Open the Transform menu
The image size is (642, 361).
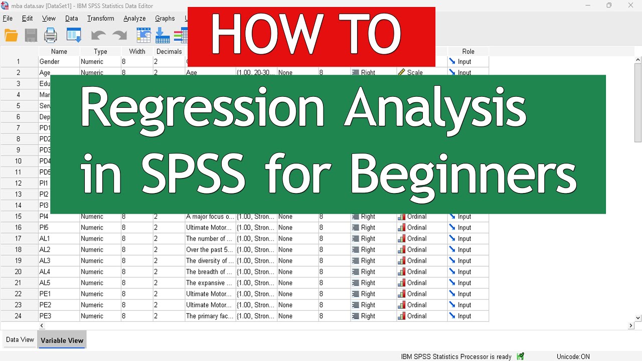[100, 19]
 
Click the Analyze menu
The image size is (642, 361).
[134, 19]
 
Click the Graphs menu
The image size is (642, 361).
[165, 19]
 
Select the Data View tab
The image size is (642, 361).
[20, 340]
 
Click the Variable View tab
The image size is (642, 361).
[62, 340]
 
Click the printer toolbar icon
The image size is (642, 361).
[51, 36]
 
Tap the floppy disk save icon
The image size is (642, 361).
[31, 36]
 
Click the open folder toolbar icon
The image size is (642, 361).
[11, 36]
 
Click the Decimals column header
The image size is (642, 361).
[169, 51]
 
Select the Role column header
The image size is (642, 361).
[468, 51]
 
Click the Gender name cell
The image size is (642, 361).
[50, 62]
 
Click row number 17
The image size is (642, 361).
[19, 239]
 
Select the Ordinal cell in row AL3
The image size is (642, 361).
[416, 261]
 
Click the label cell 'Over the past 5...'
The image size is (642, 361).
[209, 250]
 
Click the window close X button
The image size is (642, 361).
[631, 6]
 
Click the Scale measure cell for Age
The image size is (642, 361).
[414, 73]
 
